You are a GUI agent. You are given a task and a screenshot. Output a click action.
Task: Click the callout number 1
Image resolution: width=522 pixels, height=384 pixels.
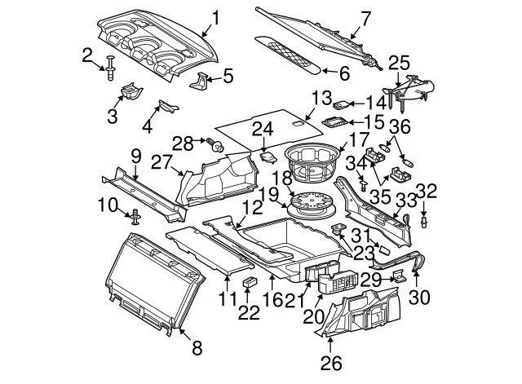[x=215, y=17]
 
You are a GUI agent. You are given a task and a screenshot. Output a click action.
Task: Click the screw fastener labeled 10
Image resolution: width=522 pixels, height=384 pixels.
[x=135, y=217]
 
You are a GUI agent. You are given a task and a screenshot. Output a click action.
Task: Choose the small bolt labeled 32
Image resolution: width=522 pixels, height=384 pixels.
[x=424, y=220]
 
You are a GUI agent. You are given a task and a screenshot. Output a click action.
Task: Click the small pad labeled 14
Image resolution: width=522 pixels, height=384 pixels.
[x=344, y=104]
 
